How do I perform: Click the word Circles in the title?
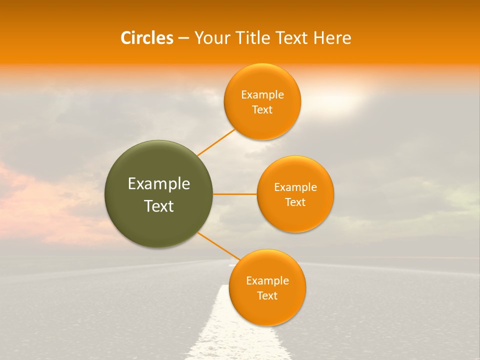coord(146,38)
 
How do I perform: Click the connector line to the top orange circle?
coord(216,142)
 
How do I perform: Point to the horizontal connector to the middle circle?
coord(235,194)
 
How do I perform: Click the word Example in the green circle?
coord(159,184)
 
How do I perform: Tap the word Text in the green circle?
coord(159,206)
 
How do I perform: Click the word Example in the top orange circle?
coord(262,95)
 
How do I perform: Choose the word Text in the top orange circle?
coord(262,109)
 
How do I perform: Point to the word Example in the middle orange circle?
coord(295,187)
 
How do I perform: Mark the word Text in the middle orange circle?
coord(295,202)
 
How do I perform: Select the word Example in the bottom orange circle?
coord(267,281)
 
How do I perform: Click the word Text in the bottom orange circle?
coord(267,295)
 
